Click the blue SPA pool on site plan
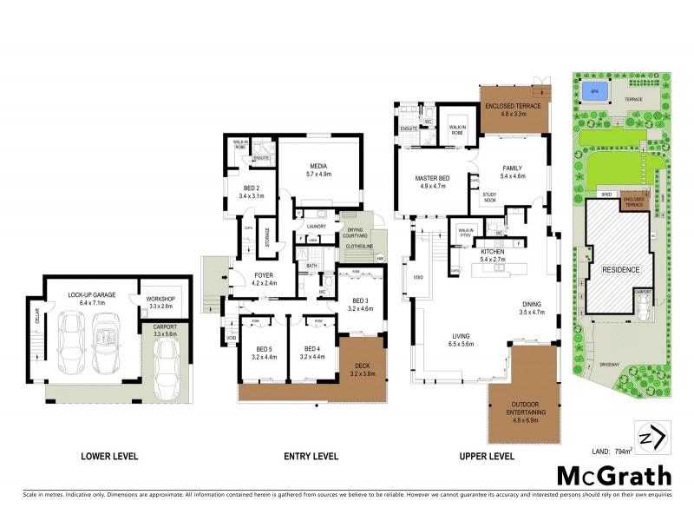click(x=594, y=90)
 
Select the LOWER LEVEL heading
click(x=109, y=456)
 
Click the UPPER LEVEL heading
click(x=486, y=456)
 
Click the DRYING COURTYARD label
click(x=356, y=233)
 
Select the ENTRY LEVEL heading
click(x=311, y=456)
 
